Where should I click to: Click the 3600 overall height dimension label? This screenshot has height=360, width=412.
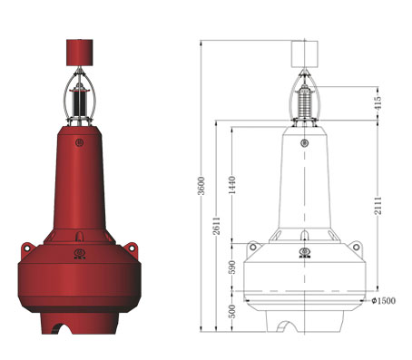(201, 186)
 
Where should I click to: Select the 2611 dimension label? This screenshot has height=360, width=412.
(216, 226)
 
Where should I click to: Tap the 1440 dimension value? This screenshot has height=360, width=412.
(232, 185)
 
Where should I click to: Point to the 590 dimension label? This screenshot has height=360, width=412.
(232, 268)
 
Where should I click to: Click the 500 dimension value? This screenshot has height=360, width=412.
(232, 311)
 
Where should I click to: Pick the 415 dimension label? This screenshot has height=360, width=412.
(378, 103)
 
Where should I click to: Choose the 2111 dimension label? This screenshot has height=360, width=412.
(378, 206)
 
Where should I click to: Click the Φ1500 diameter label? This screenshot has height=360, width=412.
(383, 301)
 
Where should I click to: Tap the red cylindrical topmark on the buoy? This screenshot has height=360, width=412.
(80, 53)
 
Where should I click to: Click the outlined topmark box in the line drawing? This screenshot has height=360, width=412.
(305, 54)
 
